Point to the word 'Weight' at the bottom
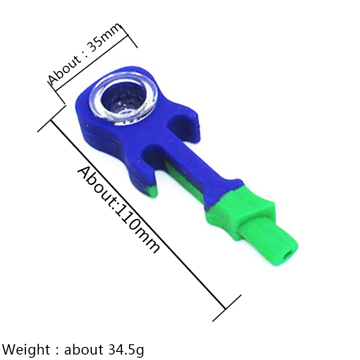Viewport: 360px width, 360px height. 26,350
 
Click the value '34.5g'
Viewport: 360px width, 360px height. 126,350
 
